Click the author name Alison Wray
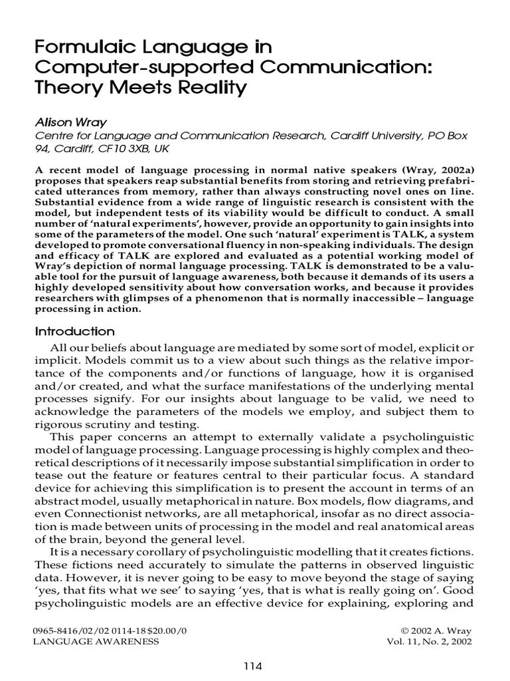65,122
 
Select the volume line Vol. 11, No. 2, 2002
430,641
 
